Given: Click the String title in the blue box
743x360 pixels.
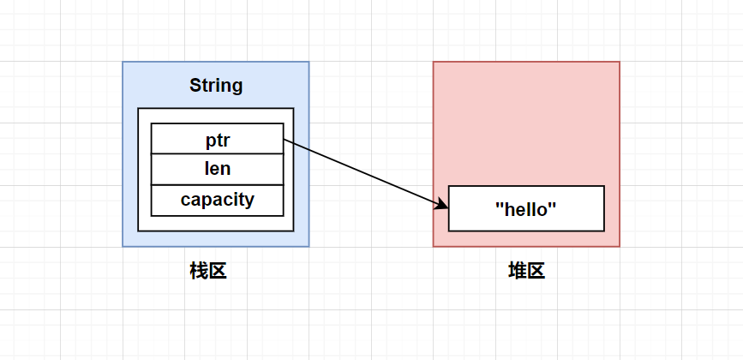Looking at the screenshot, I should click(x=216, y=86).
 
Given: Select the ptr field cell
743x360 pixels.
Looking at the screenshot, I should click(x=217, y=139).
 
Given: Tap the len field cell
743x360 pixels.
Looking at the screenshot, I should click(x=217, y=169).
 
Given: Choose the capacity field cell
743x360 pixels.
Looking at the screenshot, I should click(x=217, y=200).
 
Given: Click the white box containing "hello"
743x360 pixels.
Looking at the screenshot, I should click(x=526, y=208).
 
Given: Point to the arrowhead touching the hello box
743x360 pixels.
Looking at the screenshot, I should click(x=443, y=206).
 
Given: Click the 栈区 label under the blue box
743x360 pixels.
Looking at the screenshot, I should click(x=207, y=272).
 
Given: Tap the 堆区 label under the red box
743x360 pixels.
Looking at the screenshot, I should click(x=526, y=272).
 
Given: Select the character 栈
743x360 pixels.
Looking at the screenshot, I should click(x=198, y=272).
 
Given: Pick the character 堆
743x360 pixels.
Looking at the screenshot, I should click(x=517, y=272).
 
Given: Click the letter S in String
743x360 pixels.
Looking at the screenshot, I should click(x=195, y=86).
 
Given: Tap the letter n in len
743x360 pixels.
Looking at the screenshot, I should click(x=225, y=170).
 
